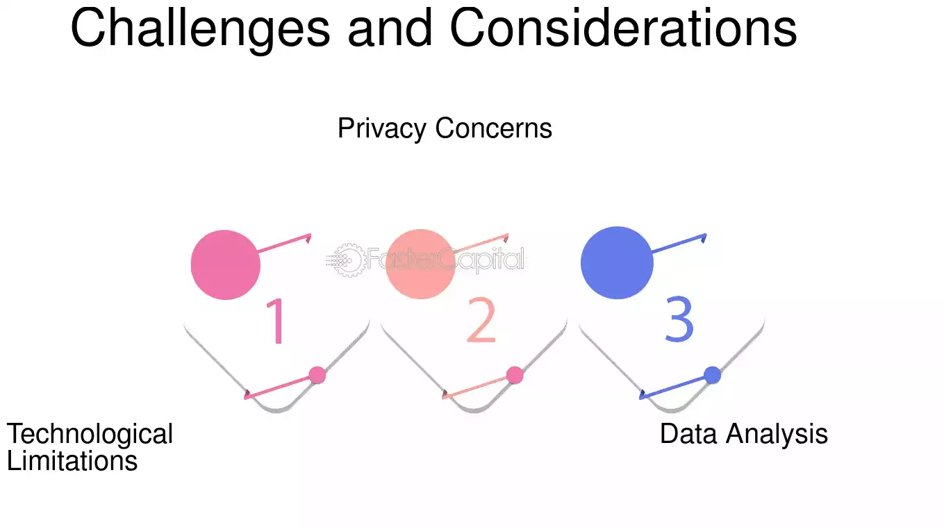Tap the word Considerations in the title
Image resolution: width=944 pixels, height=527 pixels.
623,28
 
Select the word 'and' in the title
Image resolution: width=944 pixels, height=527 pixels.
390,28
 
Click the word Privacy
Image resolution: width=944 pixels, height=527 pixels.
382,129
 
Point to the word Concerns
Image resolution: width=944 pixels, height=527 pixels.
493,128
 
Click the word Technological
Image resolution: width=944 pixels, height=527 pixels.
90,435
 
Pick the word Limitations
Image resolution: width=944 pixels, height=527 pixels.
72,460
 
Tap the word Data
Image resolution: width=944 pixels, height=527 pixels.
688,433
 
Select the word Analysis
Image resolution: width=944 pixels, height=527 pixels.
777,435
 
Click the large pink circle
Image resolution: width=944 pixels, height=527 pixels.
226,265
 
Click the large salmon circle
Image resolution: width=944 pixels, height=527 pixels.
420,264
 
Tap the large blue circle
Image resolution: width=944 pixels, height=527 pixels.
617,263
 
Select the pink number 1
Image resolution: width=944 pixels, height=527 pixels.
276,321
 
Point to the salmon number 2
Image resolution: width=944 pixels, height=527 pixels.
481,319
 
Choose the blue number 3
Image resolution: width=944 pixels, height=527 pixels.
679,319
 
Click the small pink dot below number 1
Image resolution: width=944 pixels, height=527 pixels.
317,375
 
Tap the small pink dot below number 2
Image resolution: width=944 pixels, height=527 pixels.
515,375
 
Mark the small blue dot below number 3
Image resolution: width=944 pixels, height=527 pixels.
712,375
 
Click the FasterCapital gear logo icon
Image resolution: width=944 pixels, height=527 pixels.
345,260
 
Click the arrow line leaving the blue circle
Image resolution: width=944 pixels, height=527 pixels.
679,244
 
